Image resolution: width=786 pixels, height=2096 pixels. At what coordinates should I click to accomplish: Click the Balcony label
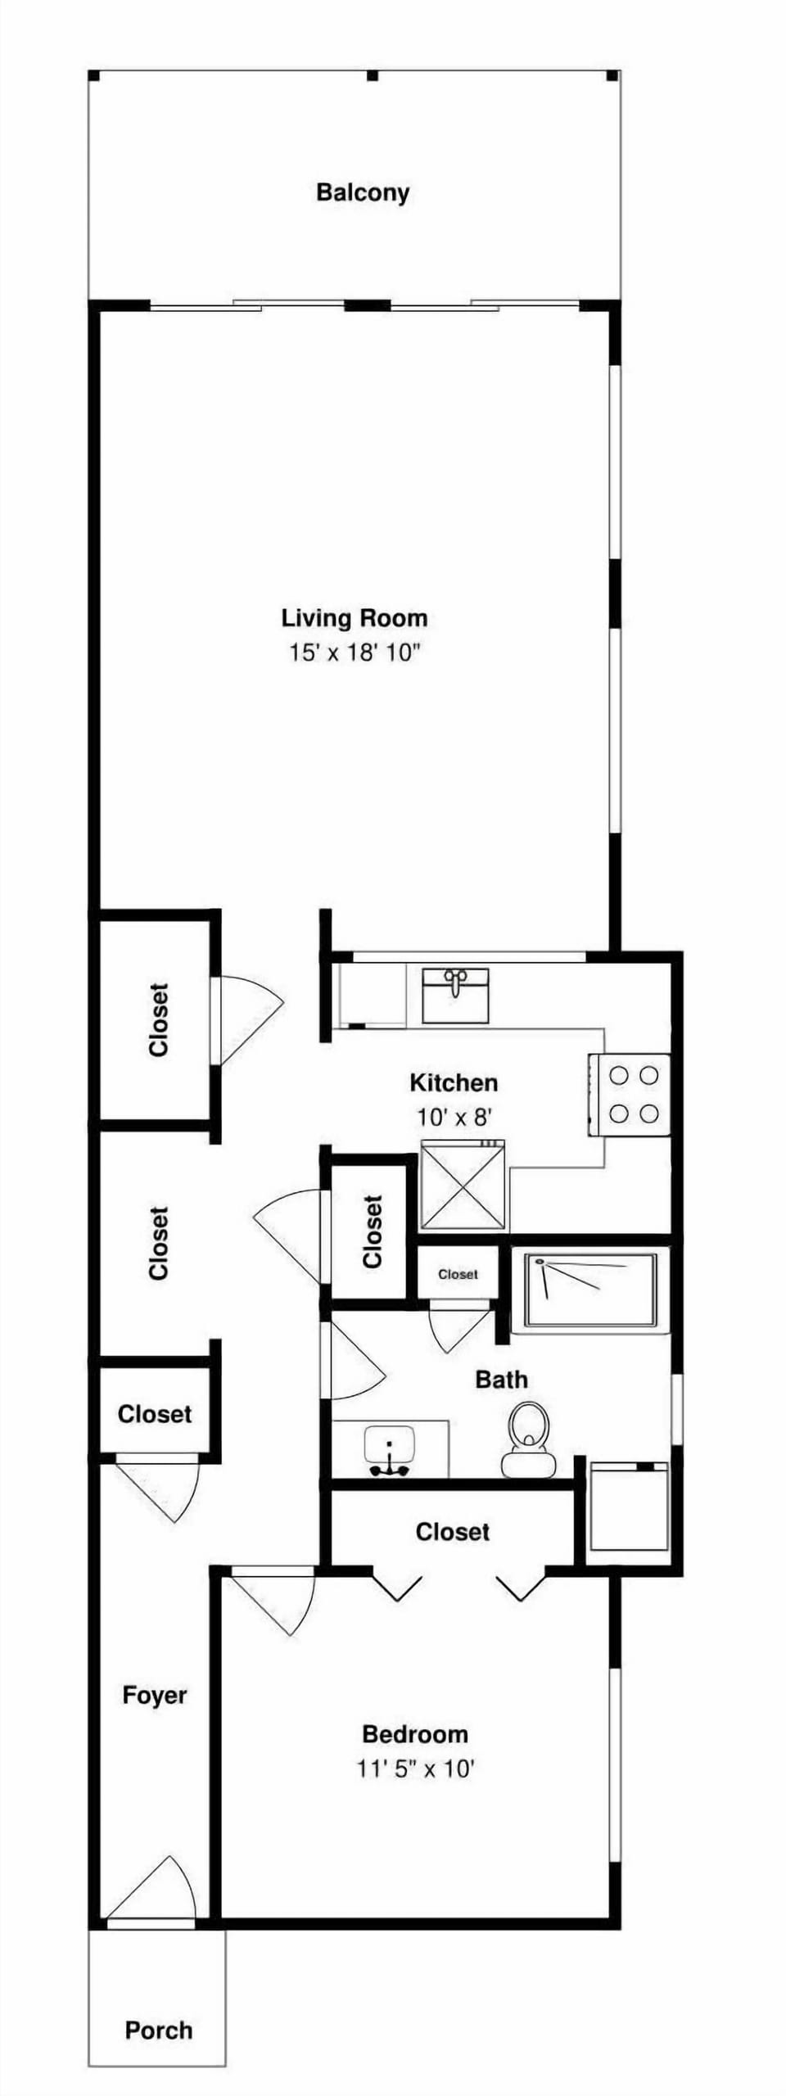(x=363, y=193)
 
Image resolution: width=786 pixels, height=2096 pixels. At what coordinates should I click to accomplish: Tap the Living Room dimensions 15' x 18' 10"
(x=354, y=653)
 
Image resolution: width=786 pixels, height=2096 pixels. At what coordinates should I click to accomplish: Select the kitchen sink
(x=455, y=995)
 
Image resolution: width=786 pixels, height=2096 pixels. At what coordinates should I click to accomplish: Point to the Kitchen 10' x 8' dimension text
(x=454, y=1117)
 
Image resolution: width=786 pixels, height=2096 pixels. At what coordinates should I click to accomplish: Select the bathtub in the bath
(x=590, y=1290)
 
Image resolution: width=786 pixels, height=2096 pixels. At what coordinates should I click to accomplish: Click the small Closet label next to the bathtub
(x=458, y=1274)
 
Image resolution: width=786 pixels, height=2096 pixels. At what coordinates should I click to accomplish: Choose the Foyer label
(x=155, y=1695)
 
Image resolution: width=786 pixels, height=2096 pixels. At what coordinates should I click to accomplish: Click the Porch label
(x=159, y=2030)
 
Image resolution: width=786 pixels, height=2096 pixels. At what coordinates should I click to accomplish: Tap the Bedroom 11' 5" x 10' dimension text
(x=415, y=1769)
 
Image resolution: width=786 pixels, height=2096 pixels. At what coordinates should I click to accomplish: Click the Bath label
(x=501, y=1380)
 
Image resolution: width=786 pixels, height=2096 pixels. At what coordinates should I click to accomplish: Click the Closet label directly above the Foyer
(x=155, y=1414)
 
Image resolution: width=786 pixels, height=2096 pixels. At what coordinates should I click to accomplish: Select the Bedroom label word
(x=415, y=1734)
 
